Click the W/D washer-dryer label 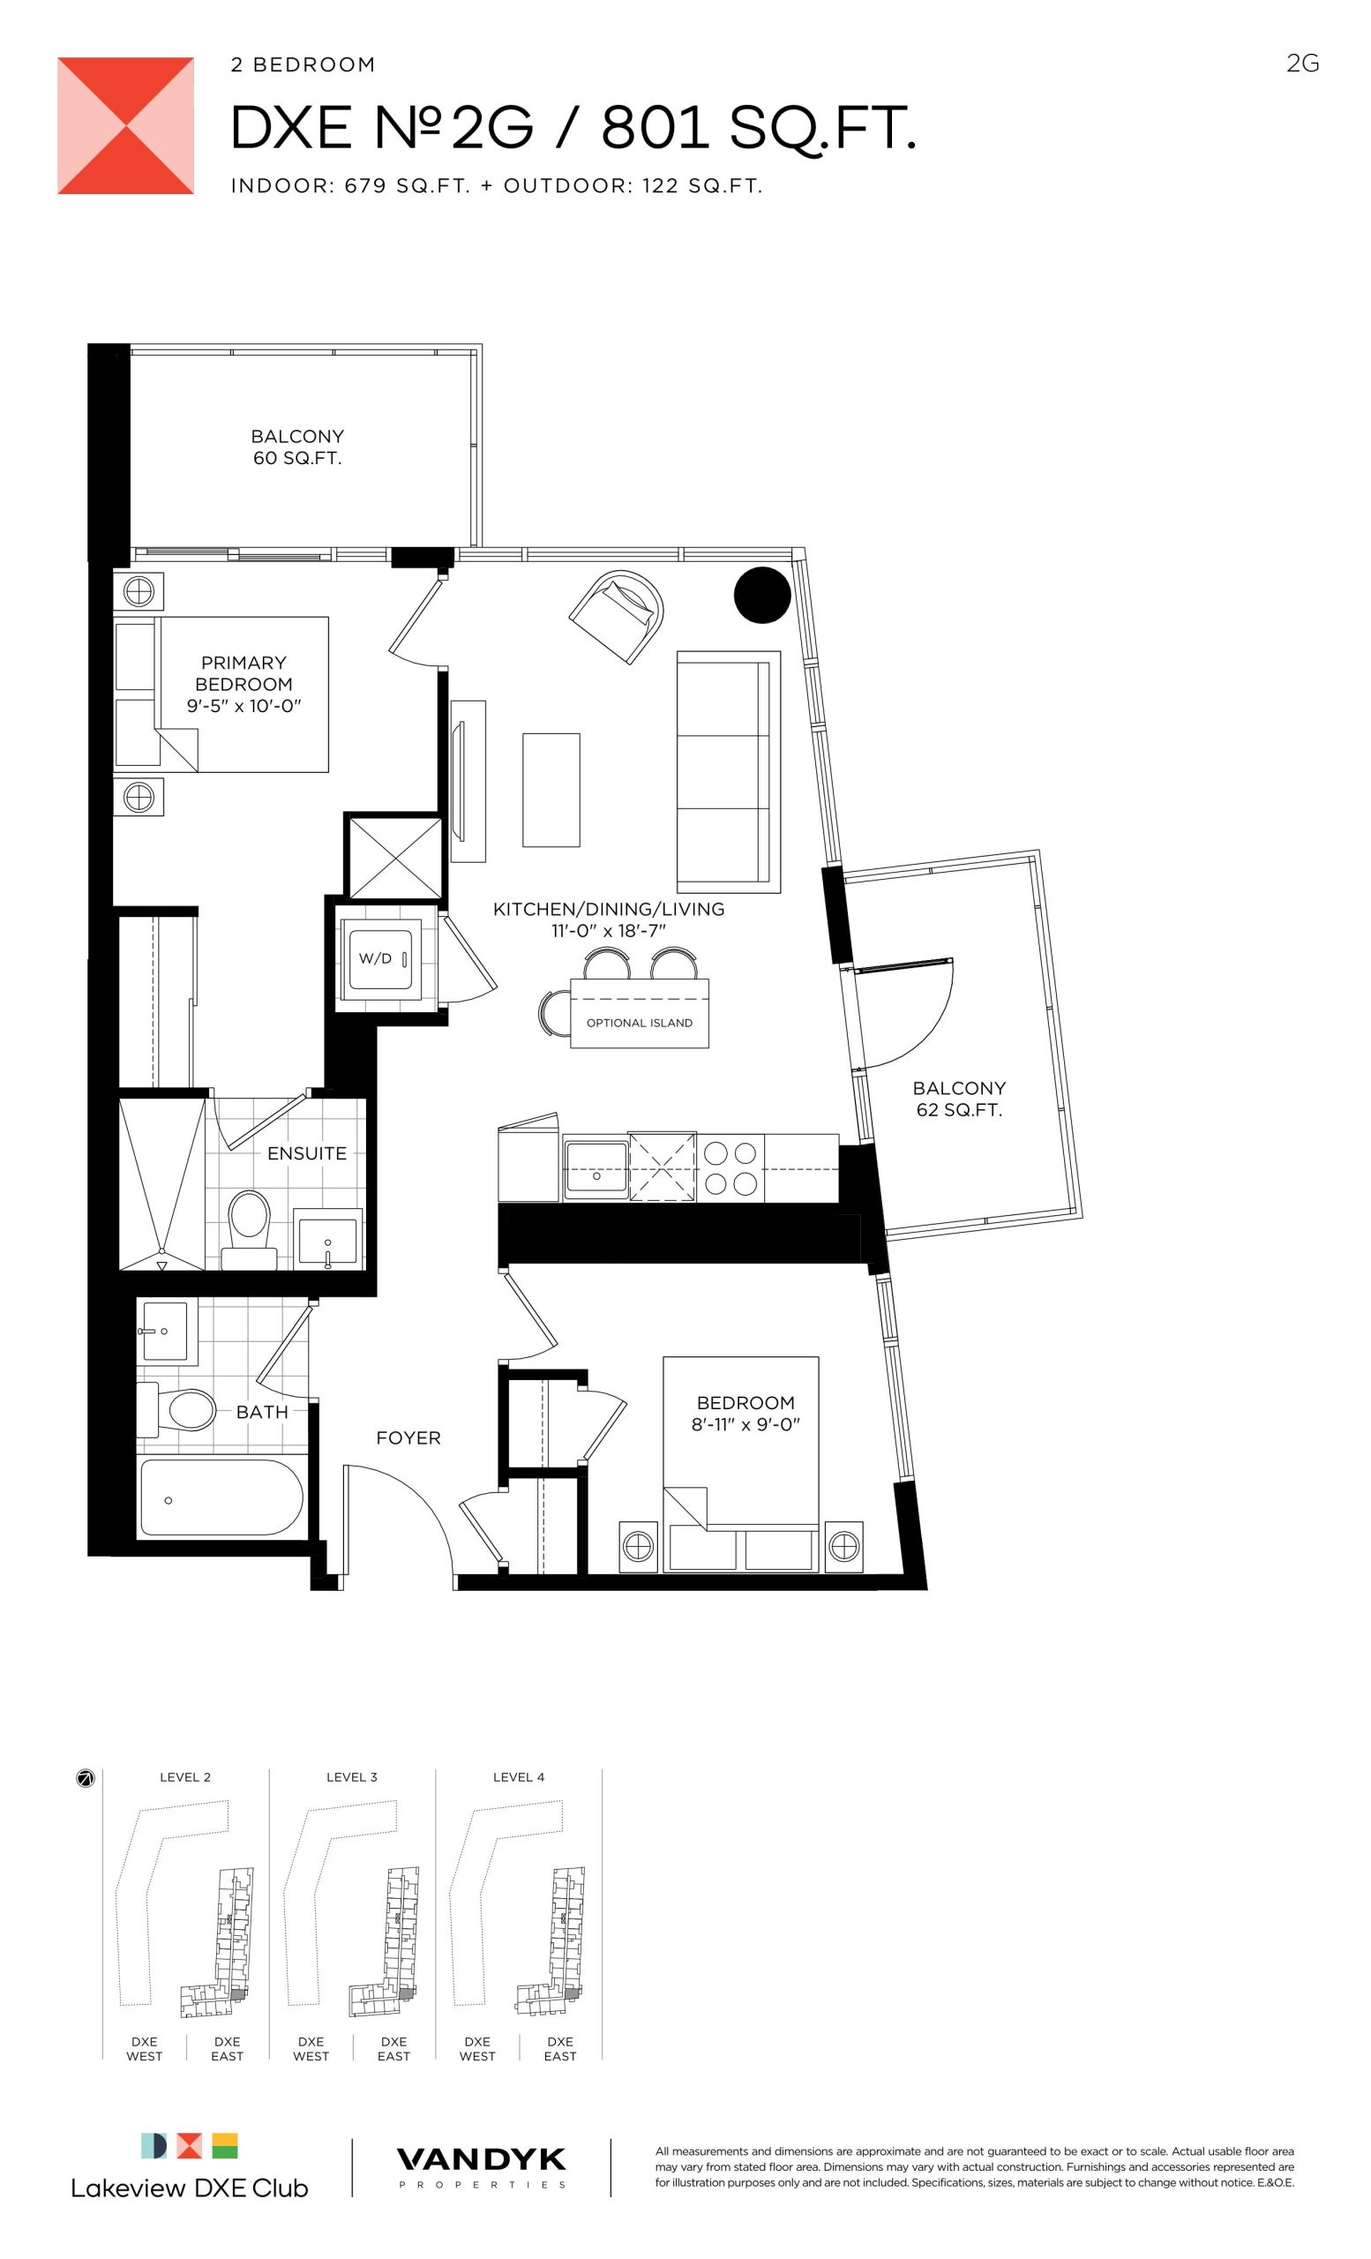(375, 959)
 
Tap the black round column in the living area (762, 595)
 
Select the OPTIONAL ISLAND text (640, 1023)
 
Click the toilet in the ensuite (250, 1229)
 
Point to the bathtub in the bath (220, 1497)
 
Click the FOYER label (408, 1438)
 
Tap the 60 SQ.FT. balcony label (298, 458)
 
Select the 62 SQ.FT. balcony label (960, 1110)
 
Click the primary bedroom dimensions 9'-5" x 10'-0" (243, 706)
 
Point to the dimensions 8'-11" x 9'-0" (746, 1425)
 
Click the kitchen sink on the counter (596, 1170)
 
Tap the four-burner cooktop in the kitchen (730, 1168)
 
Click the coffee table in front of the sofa (551, 790)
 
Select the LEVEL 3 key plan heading (352, 1777)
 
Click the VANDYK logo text (481, 2161)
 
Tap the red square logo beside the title (125, 125)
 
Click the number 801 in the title (656, 127)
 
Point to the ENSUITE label (307, 1153)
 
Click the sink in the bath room (166, 1331)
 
